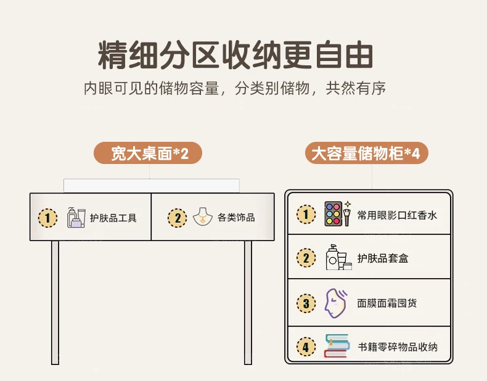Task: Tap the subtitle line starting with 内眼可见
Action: [x=235, y=88]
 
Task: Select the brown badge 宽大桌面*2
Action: [x=148, y=153]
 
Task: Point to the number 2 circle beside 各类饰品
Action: [x=176, y=218]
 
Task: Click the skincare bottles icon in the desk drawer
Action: [x=75, y=217]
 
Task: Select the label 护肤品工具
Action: [x=113, y=218]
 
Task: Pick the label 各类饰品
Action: [x=235, y=218]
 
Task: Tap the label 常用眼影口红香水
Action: [x=397, y=215]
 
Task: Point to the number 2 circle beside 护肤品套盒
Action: [x=306, y=258]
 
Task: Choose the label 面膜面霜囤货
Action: [x=387, y=303]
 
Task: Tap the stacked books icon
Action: [x=337, y=346]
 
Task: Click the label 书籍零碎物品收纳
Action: [x=398, y=347]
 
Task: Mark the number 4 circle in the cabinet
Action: [x=306, y=346]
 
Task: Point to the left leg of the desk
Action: [x=55, y=302]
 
